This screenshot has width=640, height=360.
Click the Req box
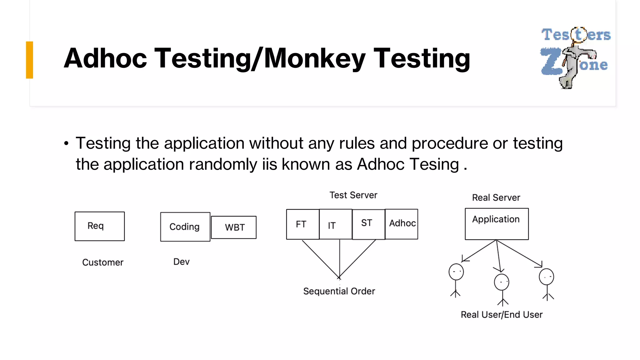pos(99,226)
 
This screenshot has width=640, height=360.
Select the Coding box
pos(185,227)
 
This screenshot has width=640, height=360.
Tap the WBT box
pos(234,227)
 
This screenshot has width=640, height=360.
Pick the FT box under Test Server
pos(302,224)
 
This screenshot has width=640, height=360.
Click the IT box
pos(336,224)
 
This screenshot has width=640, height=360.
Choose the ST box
pos(368,224)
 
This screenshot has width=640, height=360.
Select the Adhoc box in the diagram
pos(402,224)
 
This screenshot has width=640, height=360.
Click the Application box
pos(497,224)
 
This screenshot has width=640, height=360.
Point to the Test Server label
pos(353,195)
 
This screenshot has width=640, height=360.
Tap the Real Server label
pos(496,198)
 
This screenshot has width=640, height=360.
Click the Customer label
pos(102,262)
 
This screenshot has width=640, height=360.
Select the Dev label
pos(181,262)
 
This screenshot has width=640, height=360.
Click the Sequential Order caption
pos(339,291)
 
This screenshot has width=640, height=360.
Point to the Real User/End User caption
pos(502,315)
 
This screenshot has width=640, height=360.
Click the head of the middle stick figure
pos(501,282)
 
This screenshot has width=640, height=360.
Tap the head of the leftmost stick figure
pos(456,272)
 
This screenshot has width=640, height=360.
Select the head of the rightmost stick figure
pos(546,277)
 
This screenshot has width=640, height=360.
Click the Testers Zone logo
pos(575,58)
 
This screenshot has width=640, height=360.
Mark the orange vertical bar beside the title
pos(29,60)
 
